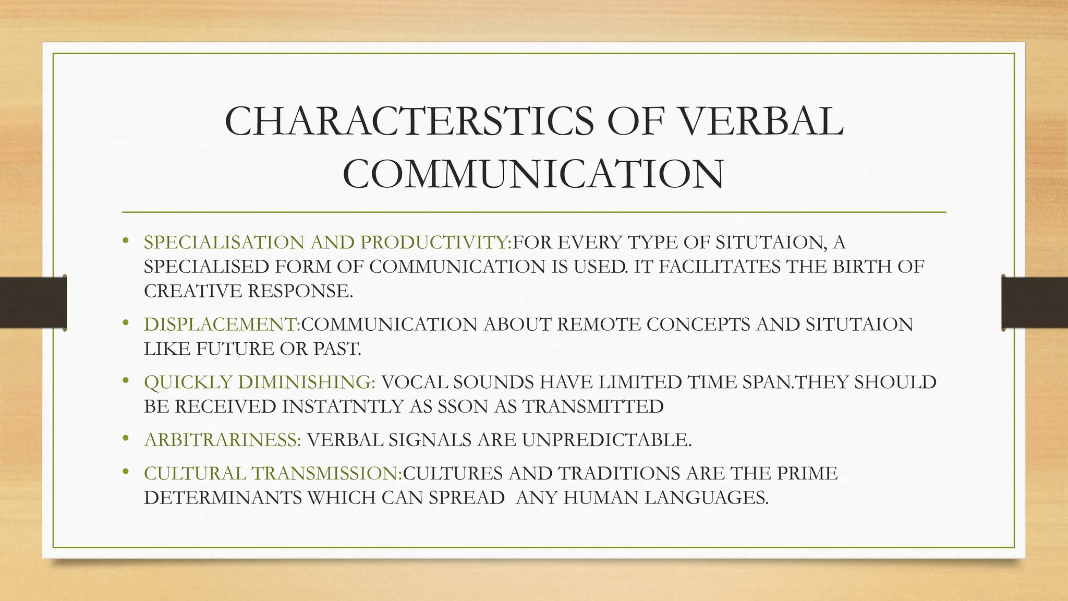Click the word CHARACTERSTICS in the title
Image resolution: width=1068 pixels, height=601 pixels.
(x=408, y=121)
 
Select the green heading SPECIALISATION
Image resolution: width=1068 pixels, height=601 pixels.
(x=224, y=243)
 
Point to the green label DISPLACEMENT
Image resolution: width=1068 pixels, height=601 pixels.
(x=221, y=324)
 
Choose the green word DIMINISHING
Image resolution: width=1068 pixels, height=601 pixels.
(x=306, y=382)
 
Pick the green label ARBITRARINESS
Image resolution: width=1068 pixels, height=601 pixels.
(x=222, y=440)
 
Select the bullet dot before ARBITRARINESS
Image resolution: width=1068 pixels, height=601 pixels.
(x=125, y=439)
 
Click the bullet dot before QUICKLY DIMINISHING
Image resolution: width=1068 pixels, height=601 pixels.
(x=125, y=381)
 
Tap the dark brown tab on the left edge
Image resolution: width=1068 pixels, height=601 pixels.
(x=33, y=303)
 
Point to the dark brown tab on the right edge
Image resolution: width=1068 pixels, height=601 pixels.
(x=1035, y=303)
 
